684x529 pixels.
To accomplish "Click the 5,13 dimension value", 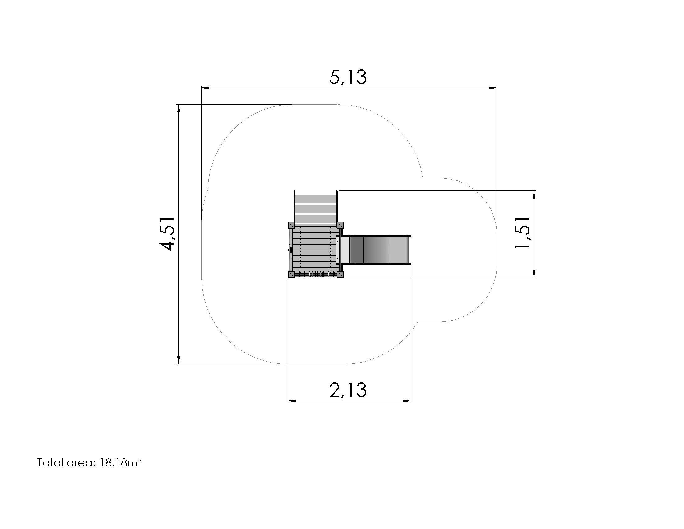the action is [348, 77].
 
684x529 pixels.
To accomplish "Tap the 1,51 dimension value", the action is [522, 233].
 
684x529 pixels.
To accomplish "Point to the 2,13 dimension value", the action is [348, 390].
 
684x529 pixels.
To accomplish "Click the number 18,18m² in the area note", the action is [121, 462].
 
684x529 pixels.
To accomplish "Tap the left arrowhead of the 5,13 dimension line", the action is [206, 88].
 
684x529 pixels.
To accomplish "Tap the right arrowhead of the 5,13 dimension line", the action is [493, 88].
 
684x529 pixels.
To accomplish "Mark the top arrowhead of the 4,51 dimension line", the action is [178, 108].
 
